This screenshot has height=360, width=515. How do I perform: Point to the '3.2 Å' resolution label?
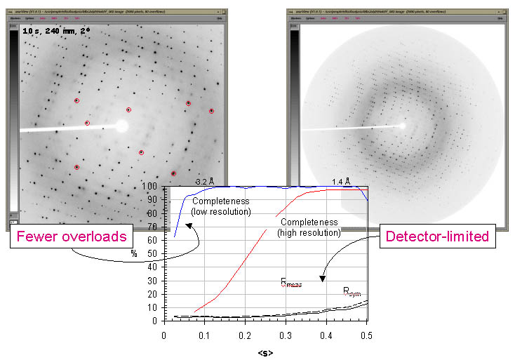203,181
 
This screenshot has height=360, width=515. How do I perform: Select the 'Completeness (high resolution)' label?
308,227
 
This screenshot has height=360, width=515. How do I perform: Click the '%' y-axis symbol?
133,253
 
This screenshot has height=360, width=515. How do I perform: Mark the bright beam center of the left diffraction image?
122,126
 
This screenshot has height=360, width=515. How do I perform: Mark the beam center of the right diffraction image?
402,126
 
